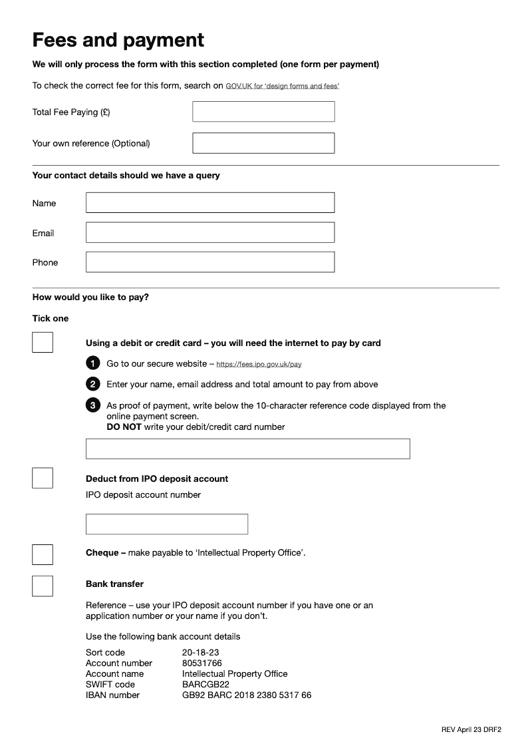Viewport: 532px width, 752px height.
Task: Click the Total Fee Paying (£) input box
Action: pos(263,112)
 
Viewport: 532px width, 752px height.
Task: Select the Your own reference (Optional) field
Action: pos(263,143)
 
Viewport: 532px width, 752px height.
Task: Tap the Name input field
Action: pos(210,203)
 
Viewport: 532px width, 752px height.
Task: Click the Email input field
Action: pos(210,233)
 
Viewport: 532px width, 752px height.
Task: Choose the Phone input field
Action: pos(210,262)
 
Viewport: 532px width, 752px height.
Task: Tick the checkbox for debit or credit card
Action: pos(43,343)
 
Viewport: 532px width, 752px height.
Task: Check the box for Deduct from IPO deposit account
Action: pos(43,478)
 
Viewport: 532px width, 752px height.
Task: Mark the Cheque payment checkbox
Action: pos(43,554)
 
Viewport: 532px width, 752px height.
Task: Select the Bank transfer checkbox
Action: pos(43,586)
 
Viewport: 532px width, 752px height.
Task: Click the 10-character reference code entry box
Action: pos(247,449)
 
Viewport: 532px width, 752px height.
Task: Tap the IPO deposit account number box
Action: pos(167,524)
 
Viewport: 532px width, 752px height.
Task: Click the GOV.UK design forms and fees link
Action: pos(283,87)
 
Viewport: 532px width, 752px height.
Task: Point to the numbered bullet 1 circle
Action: pos(93,363)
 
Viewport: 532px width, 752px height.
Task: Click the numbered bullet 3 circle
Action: pos(93,405)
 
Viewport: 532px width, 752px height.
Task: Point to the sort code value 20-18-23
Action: pos(201,652)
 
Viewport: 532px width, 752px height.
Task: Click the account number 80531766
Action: pos(202,663)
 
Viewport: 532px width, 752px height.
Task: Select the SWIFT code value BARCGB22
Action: pos(205,684)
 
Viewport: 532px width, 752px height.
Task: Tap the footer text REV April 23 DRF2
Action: pos(471,729)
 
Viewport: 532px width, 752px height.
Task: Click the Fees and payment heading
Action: pos(118,40)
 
